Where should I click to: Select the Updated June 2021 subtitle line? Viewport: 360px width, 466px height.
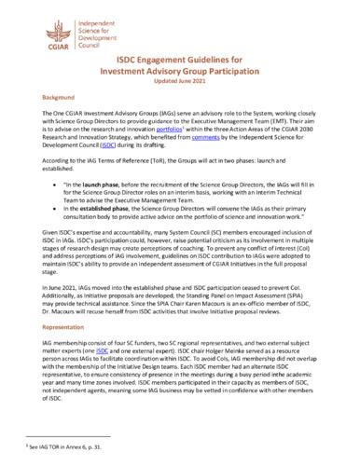(x=180, y=82)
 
